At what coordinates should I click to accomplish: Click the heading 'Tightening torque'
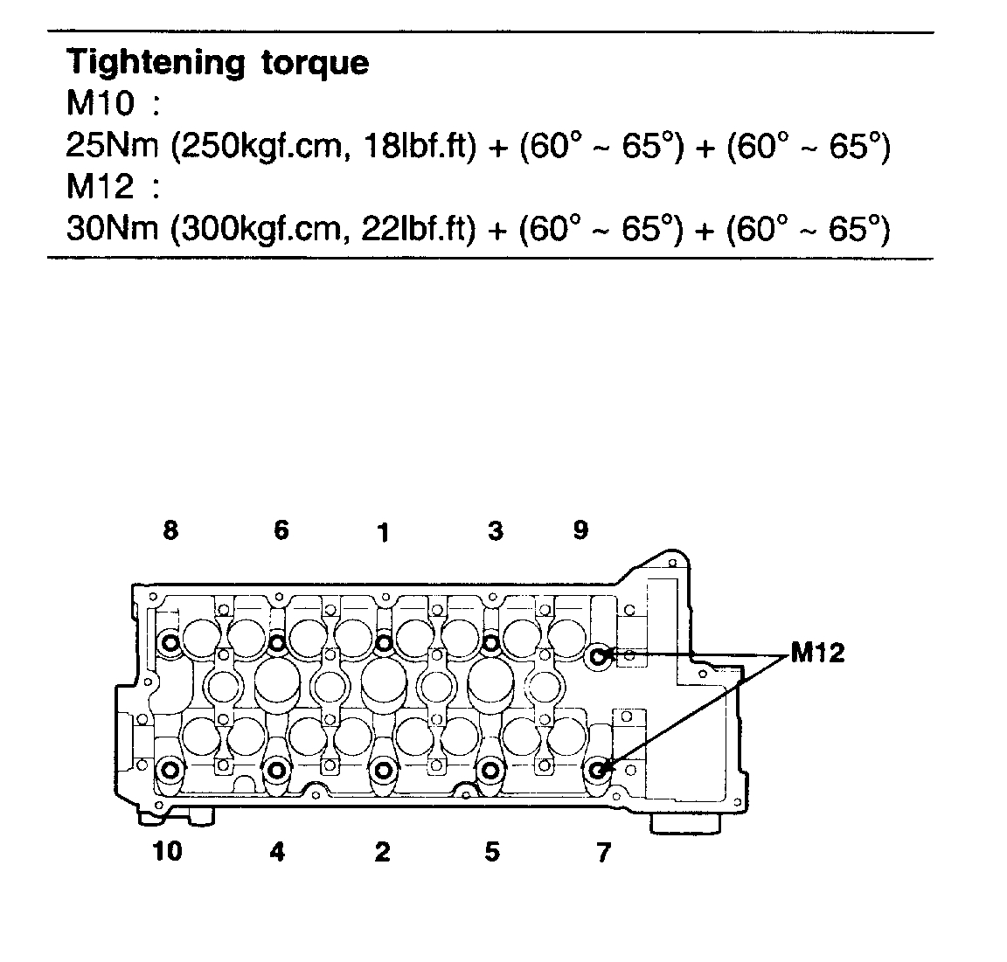pyautogui.click(x=218, y=63)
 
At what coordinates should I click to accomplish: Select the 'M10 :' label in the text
pyautogui.click(x=114, y=105)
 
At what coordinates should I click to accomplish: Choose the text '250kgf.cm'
pyautogui.click(x=250, y=146)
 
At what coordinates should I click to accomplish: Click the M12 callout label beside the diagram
pyautogui.click(x=817, y=653)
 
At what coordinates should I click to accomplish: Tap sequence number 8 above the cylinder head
pyautogui.click(x=170, y=529)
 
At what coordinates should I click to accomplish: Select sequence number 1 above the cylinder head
pyautogui.click(x=382, y=532)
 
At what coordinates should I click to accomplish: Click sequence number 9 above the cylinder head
pyautogui.click(x=581, y=529)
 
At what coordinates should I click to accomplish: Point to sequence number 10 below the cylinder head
pyautogui.click(x=167, y=850)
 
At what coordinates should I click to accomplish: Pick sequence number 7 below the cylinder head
pyautogui.click(x=603, y=852)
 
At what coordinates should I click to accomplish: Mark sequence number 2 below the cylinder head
pyautogui.click(x=382, y=852)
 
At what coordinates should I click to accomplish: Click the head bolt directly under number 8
pyautogui.click(x=170, y=644)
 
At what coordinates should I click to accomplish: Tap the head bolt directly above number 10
pyautogui.click(x=169, y=770)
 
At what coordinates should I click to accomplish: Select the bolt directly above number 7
pyautogui.click(x=599, y=770)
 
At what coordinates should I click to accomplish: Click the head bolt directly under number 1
pyautogui.click(x=384, y=643)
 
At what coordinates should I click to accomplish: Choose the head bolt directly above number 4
pyautogui.click(x=277, y=770)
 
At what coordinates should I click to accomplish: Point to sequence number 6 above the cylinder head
pyautogui.click(x=281, y=529)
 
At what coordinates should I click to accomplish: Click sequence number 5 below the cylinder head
pyautogui.click(x=492, y=851)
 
